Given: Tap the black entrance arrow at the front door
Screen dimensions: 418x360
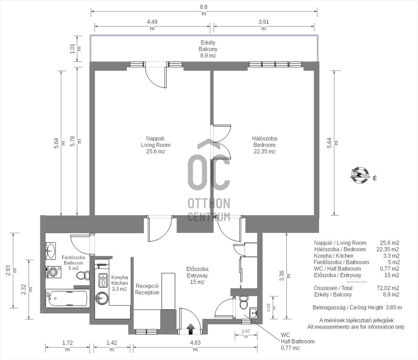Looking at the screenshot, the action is pos(190,329).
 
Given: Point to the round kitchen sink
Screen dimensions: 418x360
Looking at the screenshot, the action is pos(102,298).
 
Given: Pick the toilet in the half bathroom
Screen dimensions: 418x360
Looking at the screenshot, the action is pos(244,302).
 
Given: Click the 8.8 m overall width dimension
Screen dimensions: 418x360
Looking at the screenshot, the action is pos(204,10).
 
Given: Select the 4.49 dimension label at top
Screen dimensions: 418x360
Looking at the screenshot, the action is pos(152,25).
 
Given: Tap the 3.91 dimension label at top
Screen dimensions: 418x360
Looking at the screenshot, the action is pos(264,25).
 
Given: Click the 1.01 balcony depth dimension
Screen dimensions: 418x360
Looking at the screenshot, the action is pos(75,49).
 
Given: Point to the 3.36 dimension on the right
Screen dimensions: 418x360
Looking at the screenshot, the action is pos(284,276).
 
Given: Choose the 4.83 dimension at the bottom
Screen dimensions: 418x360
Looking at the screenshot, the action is pos(195,346).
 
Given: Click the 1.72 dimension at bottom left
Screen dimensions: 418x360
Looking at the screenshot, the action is pos(67,346).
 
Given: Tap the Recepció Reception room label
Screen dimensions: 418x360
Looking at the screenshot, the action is pos(147,289).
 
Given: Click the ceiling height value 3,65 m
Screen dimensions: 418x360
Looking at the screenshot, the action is pos(394,307).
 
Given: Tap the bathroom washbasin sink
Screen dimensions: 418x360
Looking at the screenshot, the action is pos(51,251).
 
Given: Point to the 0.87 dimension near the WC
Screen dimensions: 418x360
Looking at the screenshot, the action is pos(246,333).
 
